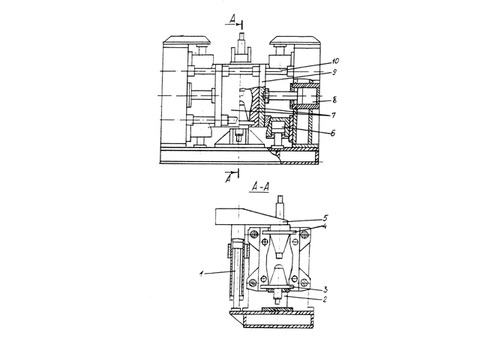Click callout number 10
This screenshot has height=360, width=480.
[335, 61]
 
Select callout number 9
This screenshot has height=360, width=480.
[334, 72]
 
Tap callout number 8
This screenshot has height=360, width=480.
[334, 100]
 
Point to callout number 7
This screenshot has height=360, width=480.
[333, 115]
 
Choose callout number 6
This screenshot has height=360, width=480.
[333, 133]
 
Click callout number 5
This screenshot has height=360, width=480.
[325, 218]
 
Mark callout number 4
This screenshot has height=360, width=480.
[325, 226]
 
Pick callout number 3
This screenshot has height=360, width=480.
[325, 289]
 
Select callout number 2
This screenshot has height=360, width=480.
[325, 299]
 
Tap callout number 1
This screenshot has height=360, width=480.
[201, 274]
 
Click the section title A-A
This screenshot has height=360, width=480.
[259, 187]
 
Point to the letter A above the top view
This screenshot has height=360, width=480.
[232, 20]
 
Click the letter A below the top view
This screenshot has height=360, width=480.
[228, 178]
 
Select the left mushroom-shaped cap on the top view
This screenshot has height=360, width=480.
[187, 40]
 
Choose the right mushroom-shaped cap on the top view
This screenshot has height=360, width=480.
[295, 40]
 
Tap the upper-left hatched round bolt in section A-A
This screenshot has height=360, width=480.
[253, 235]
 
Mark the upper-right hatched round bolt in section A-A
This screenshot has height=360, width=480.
[304, 235]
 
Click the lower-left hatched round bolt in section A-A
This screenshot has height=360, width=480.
[253, 283]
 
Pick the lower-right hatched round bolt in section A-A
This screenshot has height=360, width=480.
[304, 282]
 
